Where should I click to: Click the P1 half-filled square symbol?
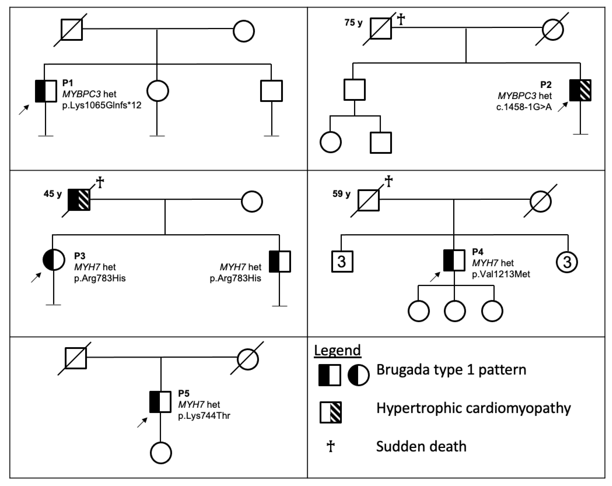(x=46, y=91)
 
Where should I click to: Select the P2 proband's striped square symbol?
(x=580, y=90)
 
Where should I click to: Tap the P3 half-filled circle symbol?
(x=54, y=259)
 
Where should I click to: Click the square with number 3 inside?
(x=342, y=261)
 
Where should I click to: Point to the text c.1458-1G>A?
(x=524, y=107)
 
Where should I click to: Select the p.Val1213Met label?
(x=501, y=274)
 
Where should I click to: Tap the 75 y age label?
(x=353, y=22)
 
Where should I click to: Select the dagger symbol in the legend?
(x=330, y=446)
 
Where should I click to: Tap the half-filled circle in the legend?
(x=358, y=375)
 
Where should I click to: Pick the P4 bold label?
(x=477, y=251)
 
